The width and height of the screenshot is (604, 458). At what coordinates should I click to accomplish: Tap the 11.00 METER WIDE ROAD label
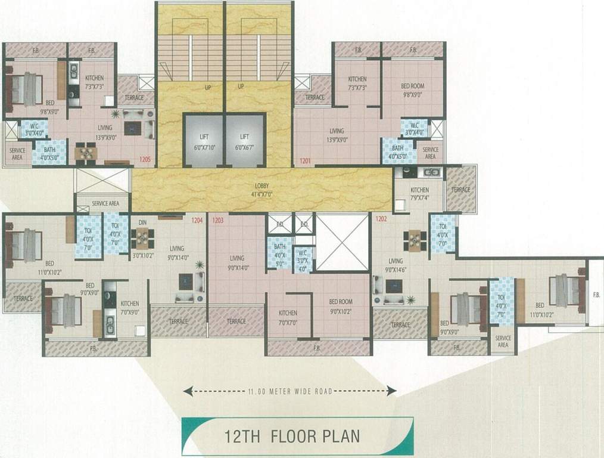click(x=289, y=392)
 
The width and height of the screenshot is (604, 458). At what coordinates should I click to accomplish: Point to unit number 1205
click(x=145, y=160)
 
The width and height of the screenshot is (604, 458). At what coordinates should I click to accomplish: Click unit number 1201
click(x=306, y=160)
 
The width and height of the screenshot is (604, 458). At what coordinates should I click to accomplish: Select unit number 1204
click(x=197, y=221)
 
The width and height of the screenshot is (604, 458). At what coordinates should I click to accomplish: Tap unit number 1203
click(x=217, y=221)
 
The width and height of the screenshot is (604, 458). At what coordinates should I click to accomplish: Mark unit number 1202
click(x=382, y=219)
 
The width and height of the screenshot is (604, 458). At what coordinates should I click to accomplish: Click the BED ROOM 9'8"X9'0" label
click(x=412, y=89)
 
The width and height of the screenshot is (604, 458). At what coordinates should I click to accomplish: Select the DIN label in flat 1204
click(x=142, y=222)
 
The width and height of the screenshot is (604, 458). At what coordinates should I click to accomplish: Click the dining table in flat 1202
click(x=415, y=240)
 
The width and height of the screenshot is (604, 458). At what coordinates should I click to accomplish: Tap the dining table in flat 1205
click(x=86, y=154)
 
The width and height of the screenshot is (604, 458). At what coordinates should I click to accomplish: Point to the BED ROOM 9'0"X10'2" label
click(x=341, y=305)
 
